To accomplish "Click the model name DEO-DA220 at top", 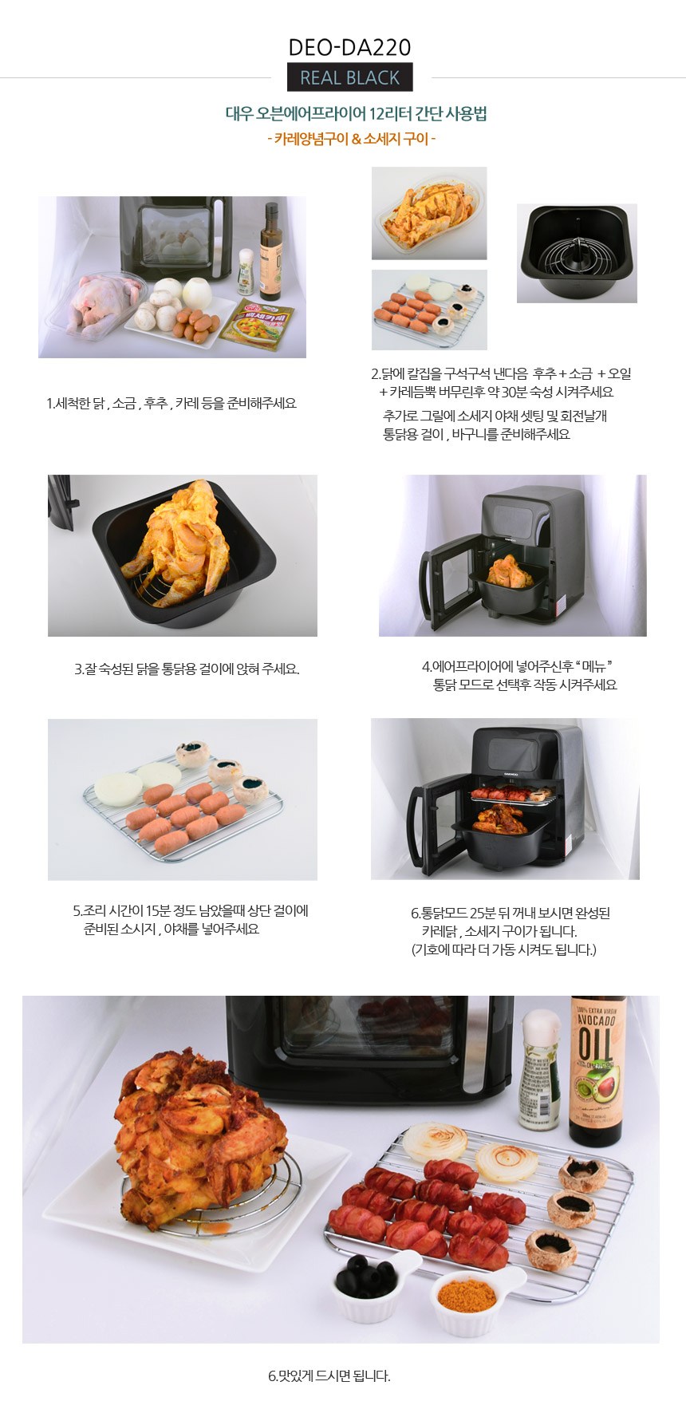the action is [x=349, y=48].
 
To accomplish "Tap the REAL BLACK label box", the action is [x=349, y=77].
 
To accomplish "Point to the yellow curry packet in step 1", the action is [x=257, y=325].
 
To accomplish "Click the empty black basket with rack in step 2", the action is [x=577, y=253].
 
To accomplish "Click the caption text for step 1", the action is [x=171, y=404].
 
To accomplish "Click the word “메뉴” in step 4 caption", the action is [x=593, y=666].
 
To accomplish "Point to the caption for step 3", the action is [x=187, y=669].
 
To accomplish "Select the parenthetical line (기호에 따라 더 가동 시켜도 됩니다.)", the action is [x=503, y=949].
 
